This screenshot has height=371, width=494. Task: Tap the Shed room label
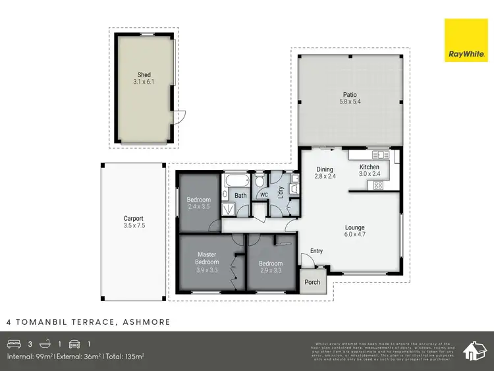[x=144, y=75]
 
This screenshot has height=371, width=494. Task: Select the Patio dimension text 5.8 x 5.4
[x=349, y=101]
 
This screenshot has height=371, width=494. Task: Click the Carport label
[x=133, y=219]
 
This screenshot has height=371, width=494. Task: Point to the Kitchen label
[x=369, y=167]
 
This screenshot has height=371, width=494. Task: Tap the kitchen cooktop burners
[x=379, y=185]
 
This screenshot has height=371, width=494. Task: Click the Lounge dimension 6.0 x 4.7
[x=354, y=235]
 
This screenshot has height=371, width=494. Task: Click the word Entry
[x=317, y=251]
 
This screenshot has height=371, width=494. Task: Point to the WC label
[x=263, y=196]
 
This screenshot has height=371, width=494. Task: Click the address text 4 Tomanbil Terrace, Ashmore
[x=88, y=322]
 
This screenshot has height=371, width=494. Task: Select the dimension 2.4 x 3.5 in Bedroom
[x=198, y=206]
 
